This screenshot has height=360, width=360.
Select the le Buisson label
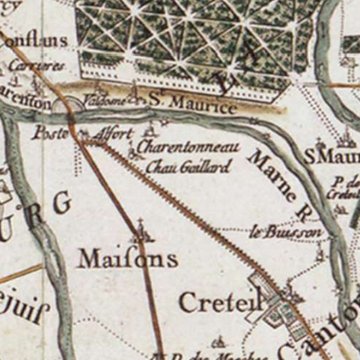point(276,232)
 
